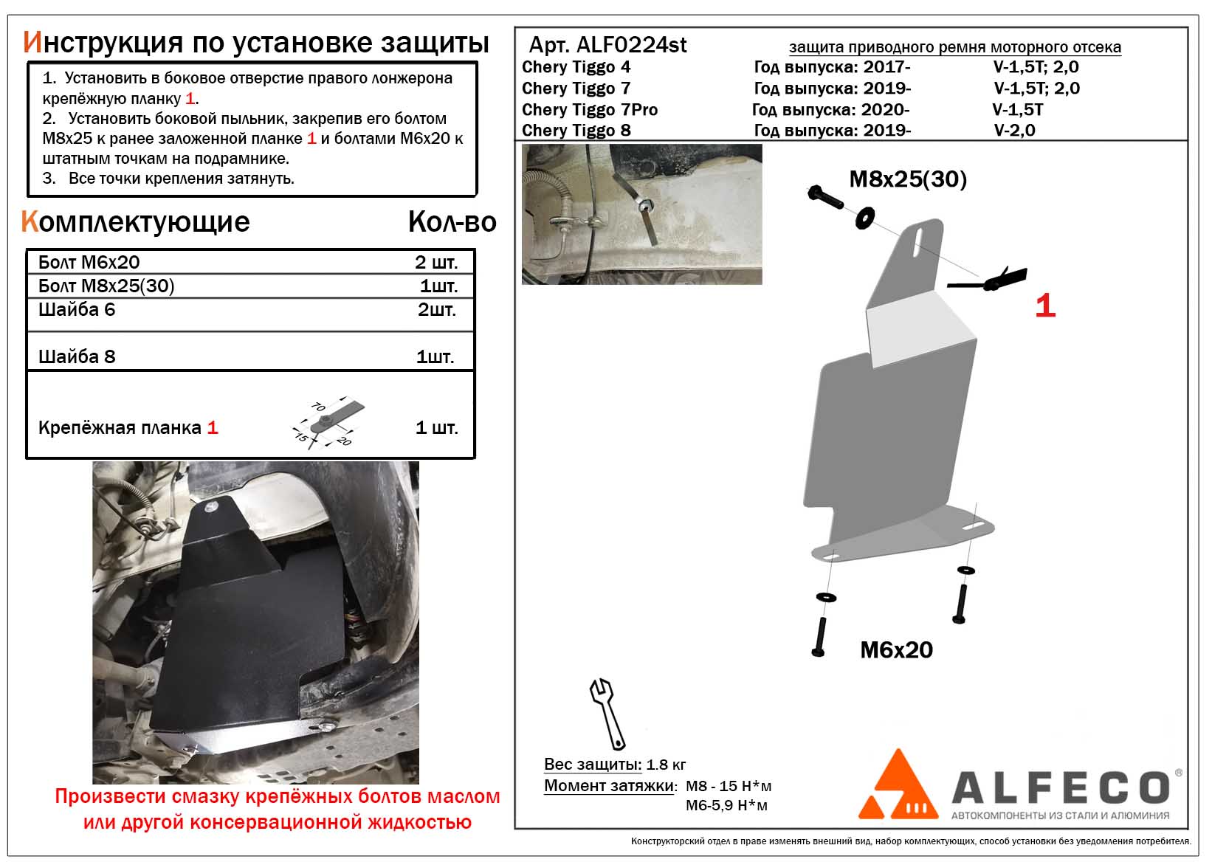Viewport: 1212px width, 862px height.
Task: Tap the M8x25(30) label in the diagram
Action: [x=908, y=179]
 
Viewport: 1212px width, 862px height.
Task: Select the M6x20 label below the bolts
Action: [x=896, y=650]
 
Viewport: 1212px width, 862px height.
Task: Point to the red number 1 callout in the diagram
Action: [x=1045, y=306]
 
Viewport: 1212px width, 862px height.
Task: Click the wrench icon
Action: [x=607, y=713]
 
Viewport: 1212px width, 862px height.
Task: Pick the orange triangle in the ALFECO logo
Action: [x=898, y=786]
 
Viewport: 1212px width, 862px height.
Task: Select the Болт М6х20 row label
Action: [x=89, y=263]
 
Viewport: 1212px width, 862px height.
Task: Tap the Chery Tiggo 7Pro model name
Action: [x=589, y=110]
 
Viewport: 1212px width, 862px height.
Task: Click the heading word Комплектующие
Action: [x=136, y=221]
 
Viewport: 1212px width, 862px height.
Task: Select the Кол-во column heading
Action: [x=452, y=222]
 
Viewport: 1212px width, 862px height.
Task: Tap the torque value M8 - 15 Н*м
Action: [x=729, y=786]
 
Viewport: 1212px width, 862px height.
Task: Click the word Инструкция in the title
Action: [x=103, y=43]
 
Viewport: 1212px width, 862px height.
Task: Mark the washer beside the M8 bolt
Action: [x=864, y=218]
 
